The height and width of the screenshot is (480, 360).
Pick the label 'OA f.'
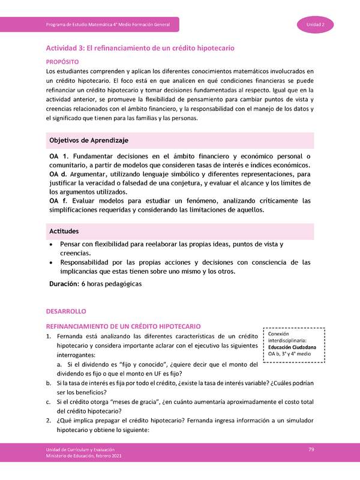pos(59,200)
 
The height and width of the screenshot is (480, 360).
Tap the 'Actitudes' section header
pos(65,231)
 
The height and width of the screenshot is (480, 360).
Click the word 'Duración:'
pos(64,284)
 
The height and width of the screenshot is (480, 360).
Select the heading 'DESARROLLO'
pos(67,312)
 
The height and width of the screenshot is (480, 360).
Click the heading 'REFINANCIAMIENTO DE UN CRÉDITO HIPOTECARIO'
pos(124,325)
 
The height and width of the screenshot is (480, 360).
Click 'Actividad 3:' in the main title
pos(68,47)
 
